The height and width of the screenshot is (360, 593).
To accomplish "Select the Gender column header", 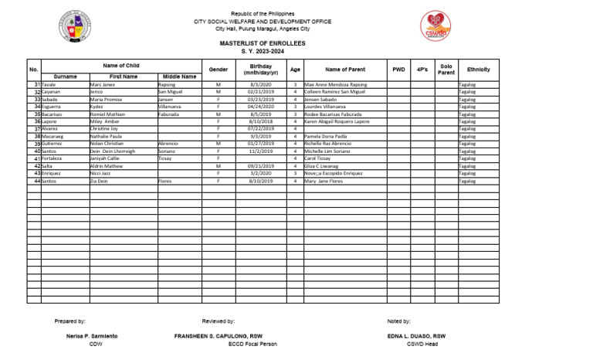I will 219,70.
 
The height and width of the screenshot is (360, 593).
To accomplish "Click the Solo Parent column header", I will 446,70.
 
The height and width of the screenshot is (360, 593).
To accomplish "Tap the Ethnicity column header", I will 478,70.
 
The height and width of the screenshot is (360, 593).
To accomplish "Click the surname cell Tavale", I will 49,83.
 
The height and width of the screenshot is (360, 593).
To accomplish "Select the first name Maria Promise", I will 106,99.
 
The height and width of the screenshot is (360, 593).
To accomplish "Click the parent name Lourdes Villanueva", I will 325,107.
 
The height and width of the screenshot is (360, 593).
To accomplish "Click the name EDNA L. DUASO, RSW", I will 418,336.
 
